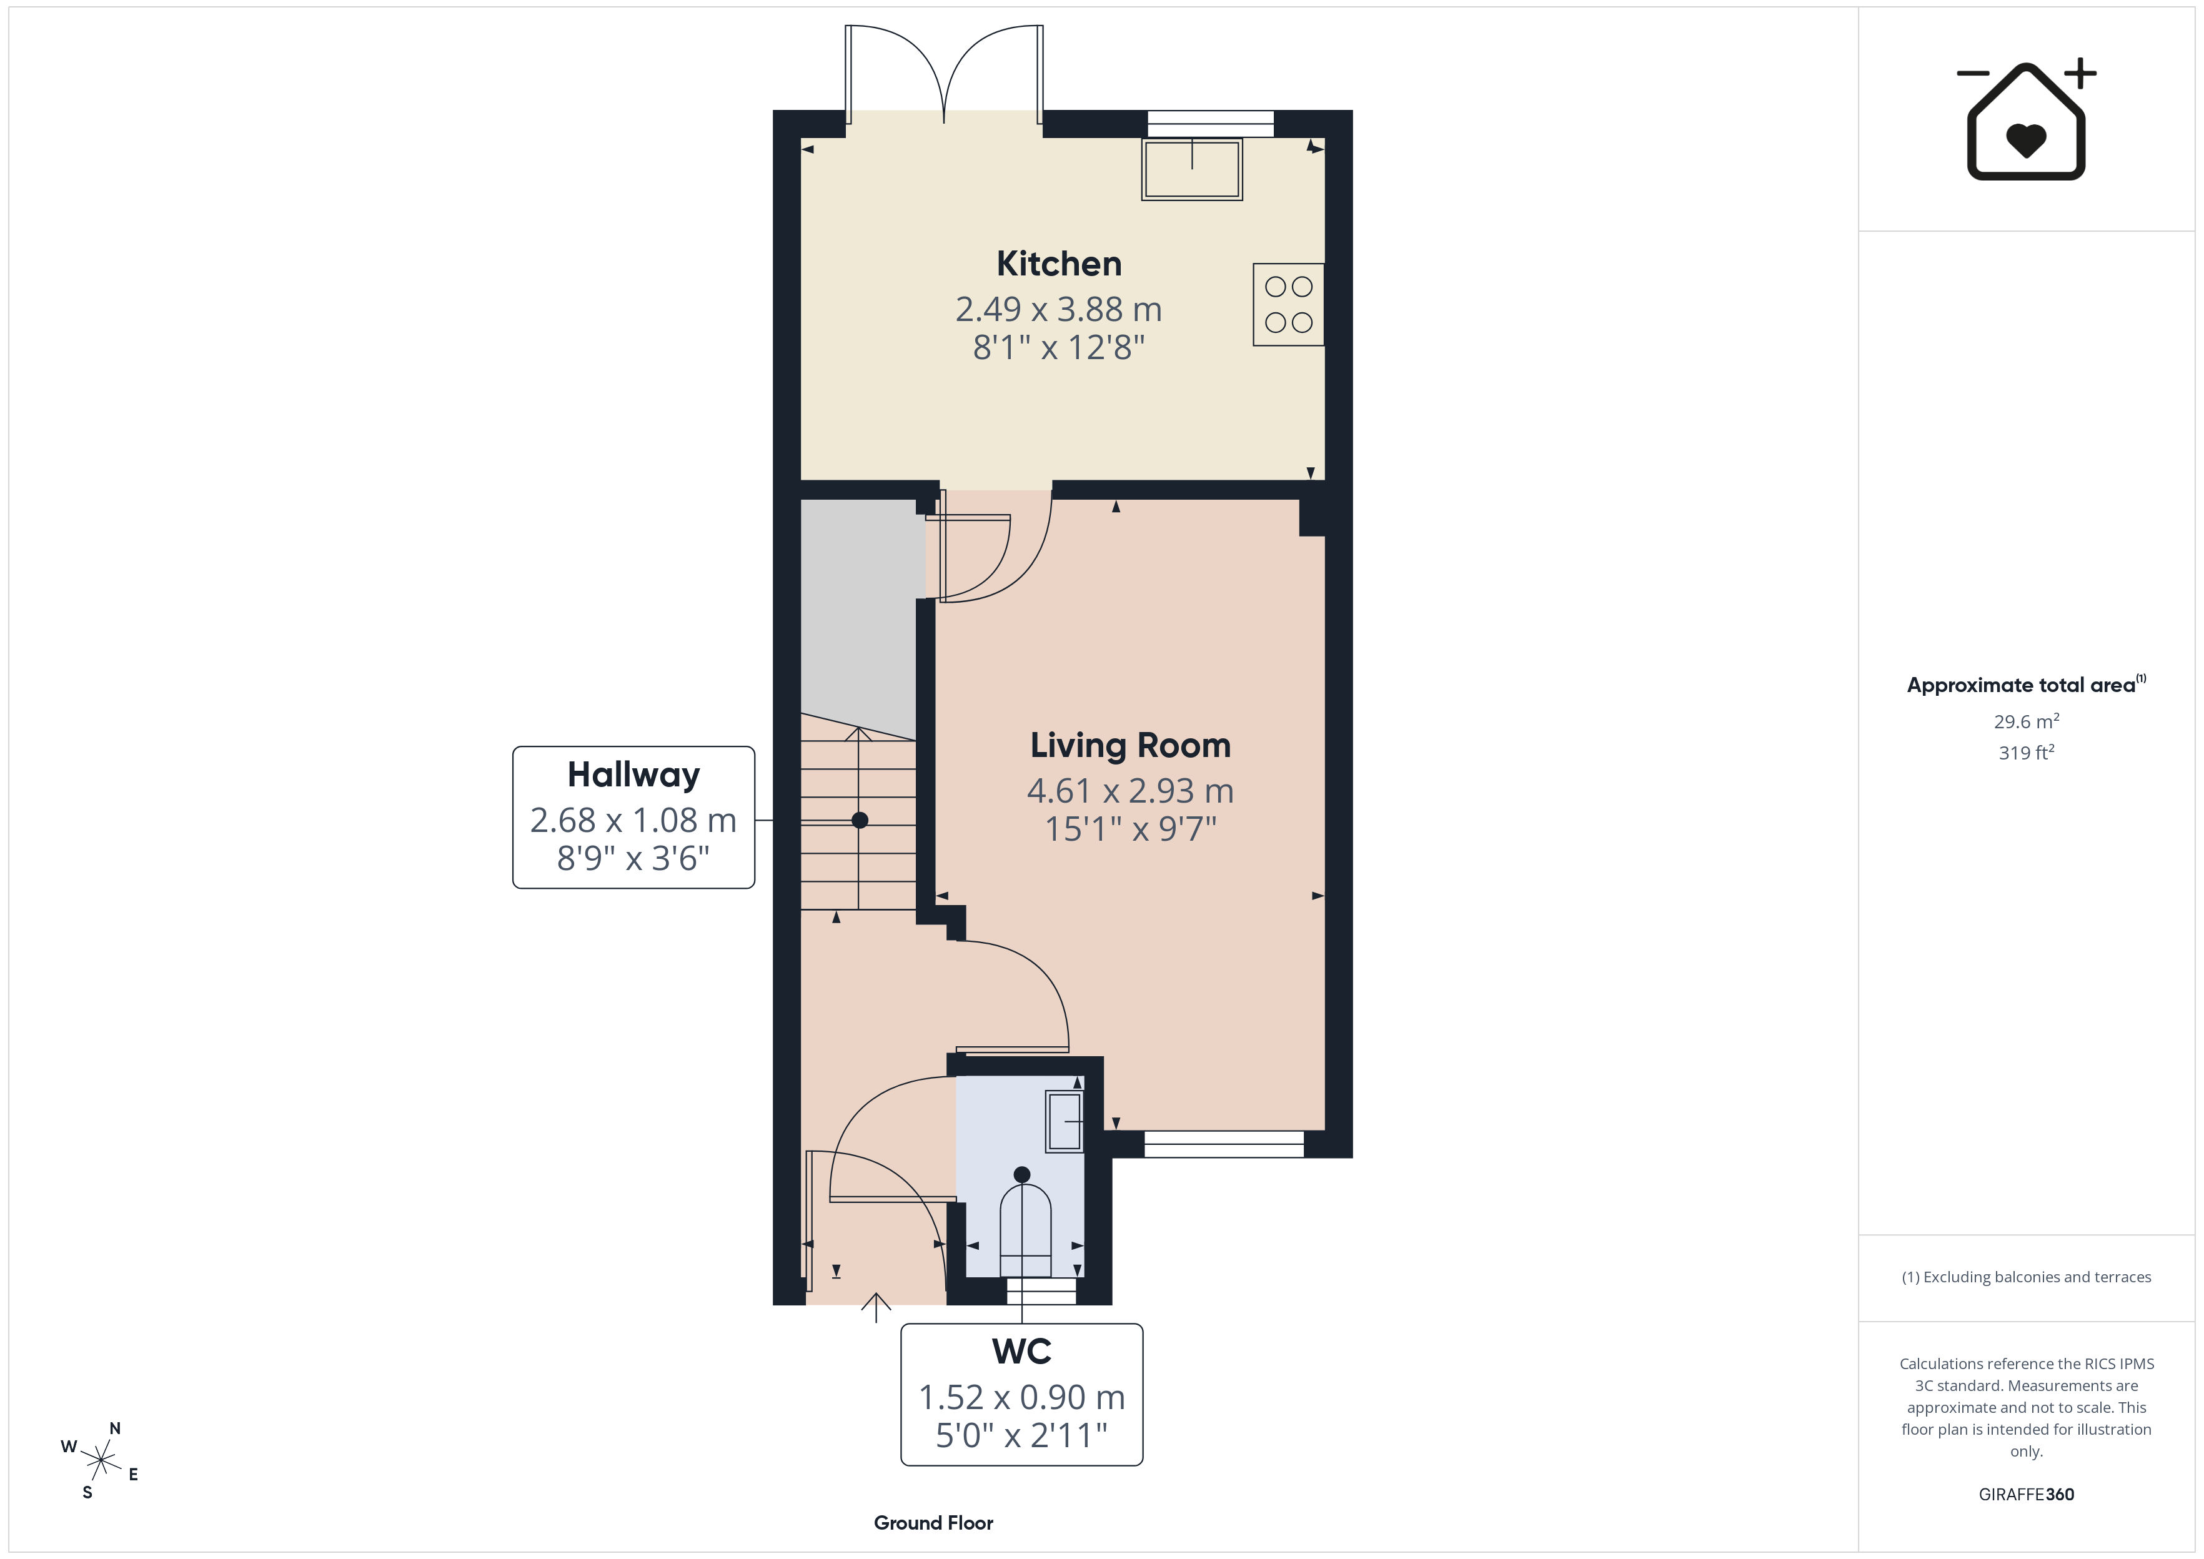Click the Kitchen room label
click(x=1059, y=264)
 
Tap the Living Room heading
click(x=1130, y=746)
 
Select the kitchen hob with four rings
click(x=1288, y=304)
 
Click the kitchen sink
click(x=1192, y=170)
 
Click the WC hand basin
click(x=1065, y=1121)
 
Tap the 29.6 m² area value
click(x=2027, y=721)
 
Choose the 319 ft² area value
click(x=2027, y=753)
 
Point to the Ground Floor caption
click(x=933, y=1523)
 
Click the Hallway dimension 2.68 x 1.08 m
click(x=633, y=821)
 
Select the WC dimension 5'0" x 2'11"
click(x=1021, y=1436)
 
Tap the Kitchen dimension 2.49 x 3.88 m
click(x=1059, y=309)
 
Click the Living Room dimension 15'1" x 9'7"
click(x=1130, y=828)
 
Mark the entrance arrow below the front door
click(x=875, y=1307)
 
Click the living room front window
click(x=1224, y=1144)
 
